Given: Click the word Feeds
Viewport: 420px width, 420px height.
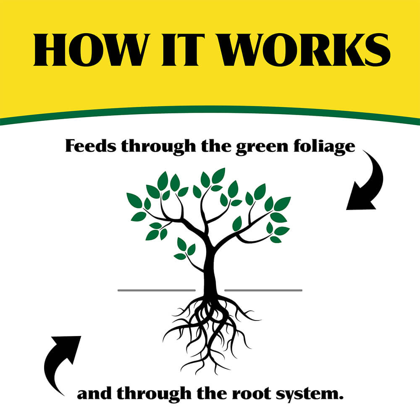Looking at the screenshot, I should pyautogui.click(x=89, y=147).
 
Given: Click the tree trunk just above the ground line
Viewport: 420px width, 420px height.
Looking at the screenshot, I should pyautogui.click(x=210, y=277).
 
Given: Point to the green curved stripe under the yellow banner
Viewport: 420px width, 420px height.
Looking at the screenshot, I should pyautogui.click(x=210, y=110).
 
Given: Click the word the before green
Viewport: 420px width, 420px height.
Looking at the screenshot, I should pyautogui.click(x=210, y=147).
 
